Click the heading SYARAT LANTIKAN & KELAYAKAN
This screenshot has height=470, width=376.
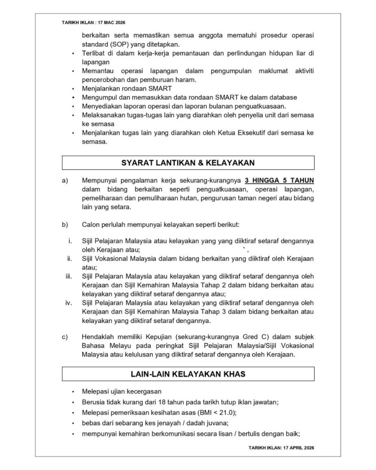(188, 162)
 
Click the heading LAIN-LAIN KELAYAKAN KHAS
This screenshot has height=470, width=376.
(188, 374)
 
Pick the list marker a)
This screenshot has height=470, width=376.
(65, 180)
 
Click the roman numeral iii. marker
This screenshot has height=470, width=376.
(69, 276)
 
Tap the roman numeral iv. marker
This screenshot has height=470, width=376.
(69, 302)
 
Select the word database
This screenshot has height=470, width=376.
(283, 97)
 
